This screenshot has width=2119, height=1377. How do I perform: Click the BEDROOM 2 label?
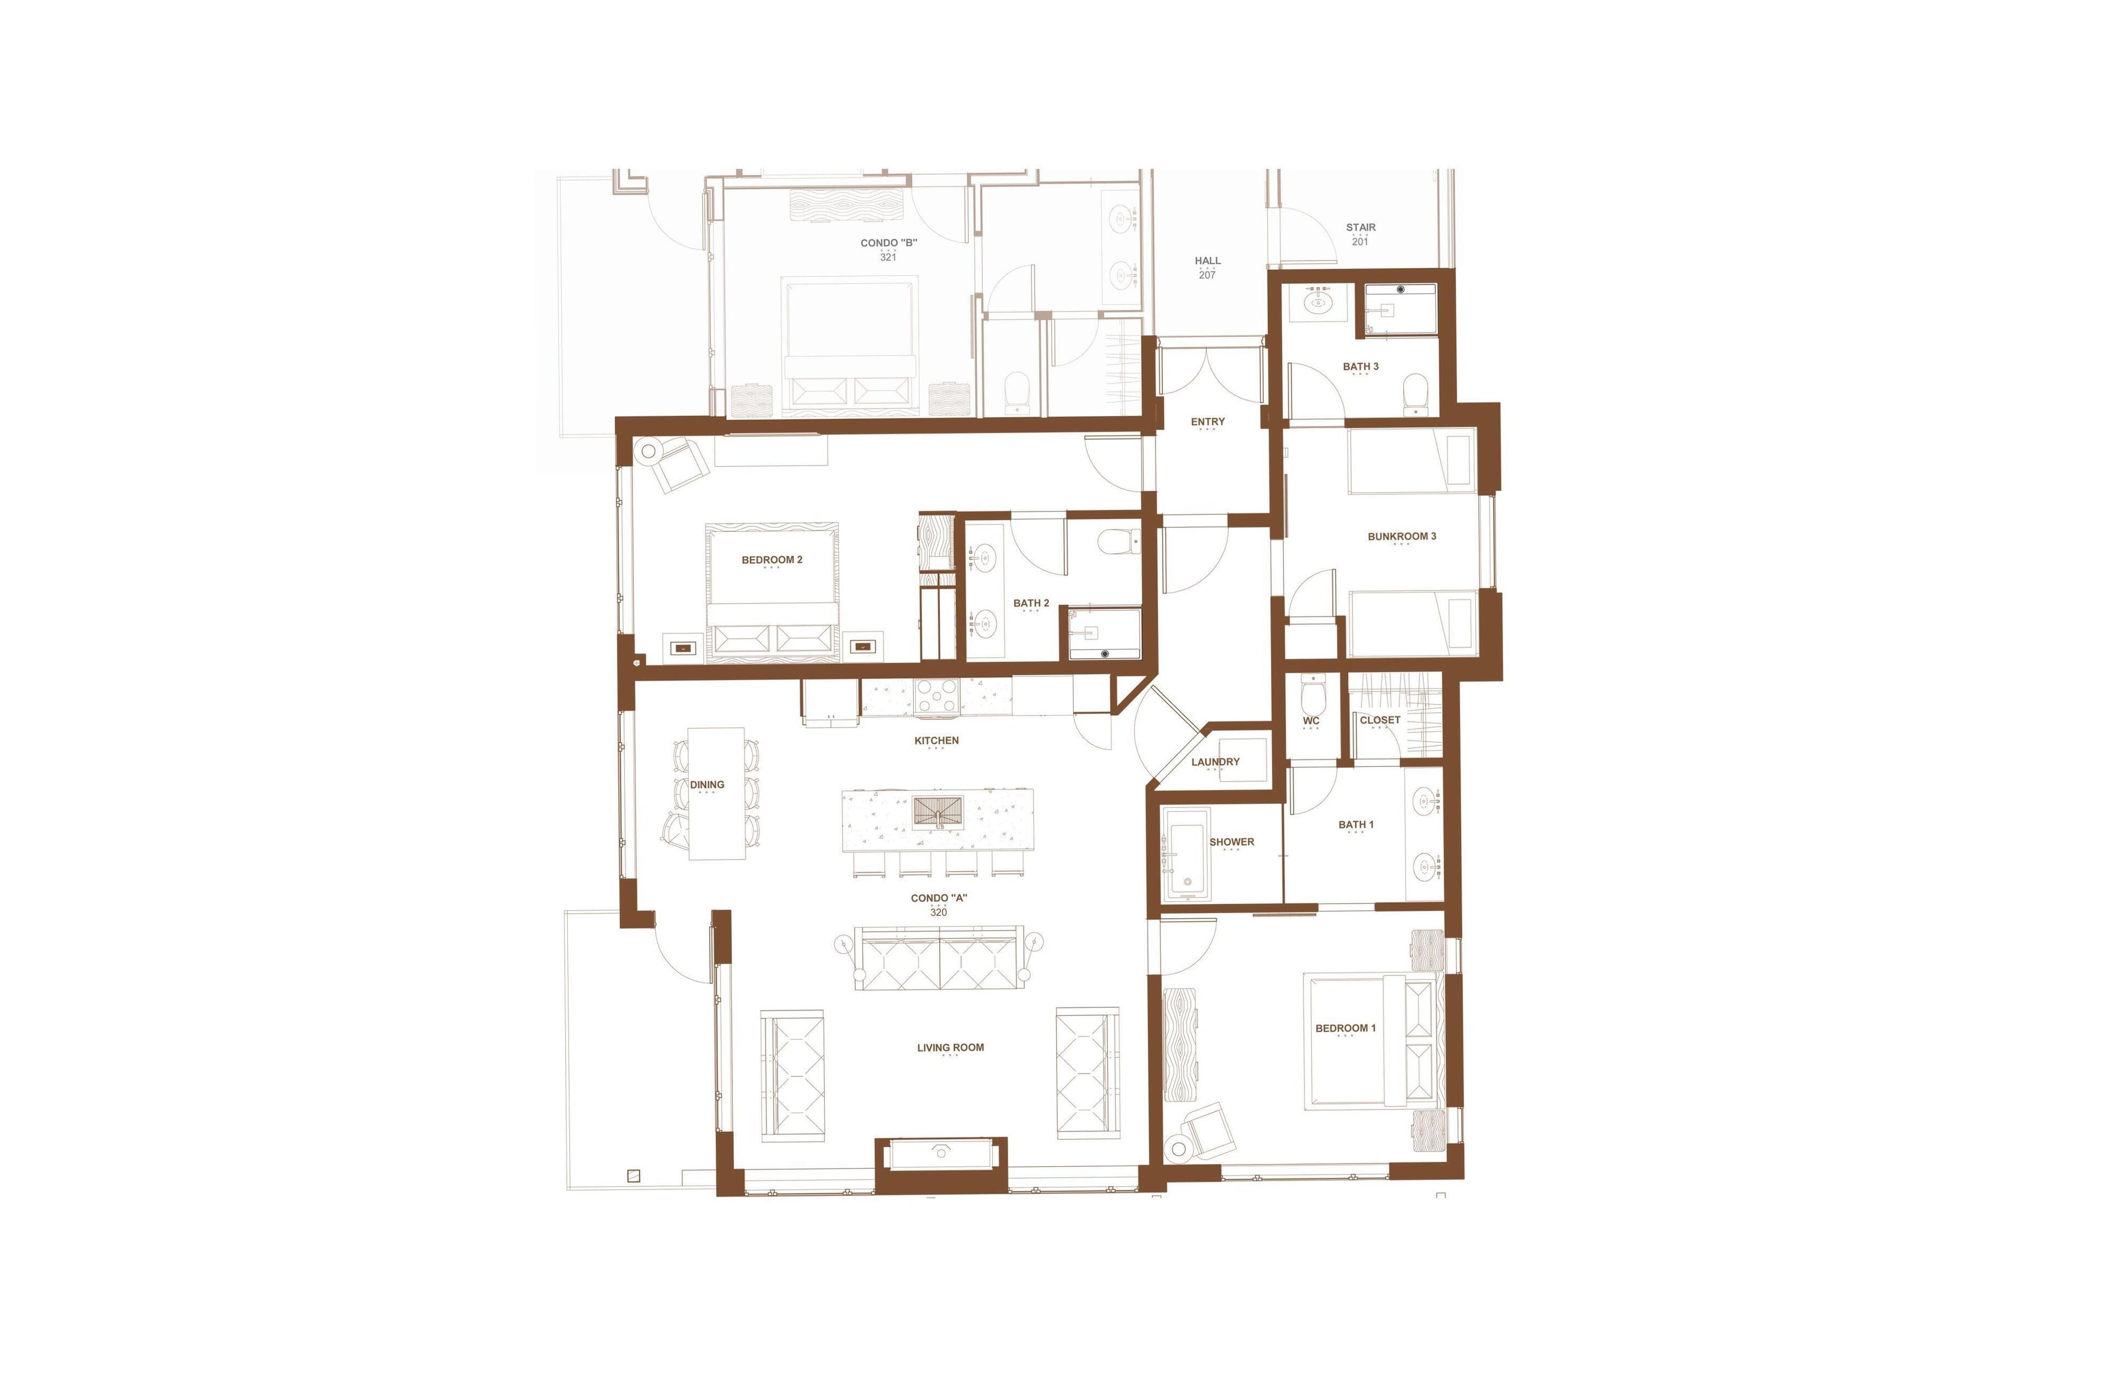[772, 560]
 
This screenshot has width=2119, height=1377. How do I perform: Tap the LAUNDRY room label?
[1215, 762]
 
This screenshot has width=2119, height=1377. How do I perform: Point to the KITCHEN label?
[936, 740]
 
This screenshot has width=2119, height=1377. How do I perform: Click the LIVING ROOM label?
[951, 1048]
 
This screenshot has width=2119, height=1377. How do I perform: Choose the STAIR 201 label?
[1360, 234]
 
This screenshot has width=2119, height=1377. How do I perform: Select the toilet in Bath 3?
[1415, 394]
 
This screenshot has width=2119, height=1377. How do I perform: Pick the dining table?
[717, 794]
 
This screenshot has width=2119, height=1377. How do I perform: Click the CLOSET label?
[1380, 720]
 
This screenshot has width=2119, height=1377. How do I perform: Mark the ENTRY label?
[1208, 422]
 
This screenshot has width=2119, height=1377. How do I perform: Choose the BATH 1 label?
[1356, 825]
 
